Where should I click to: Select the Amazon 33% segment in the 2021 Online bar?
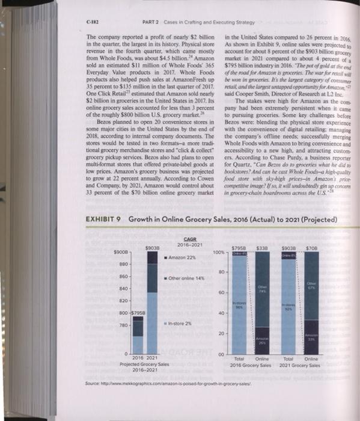[326, 337]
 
